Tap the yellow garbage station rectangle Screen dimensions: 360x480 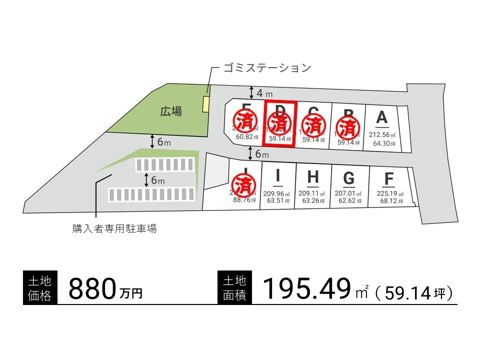pos(205,104)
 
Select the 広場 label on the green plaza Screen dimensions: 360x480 pos(171,111)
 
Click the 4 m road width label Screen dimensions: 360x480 pos(264,93)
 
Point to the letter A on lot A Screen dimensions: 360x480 pos(381,117)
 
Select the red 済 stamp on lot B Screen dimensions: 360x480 pos(347,127)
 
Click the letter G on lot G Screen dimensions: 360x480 pos(349,178)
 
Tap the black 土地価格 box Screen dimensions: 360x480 pos(40,288)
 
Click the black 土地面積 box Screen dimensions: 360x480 pos(235,288)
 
